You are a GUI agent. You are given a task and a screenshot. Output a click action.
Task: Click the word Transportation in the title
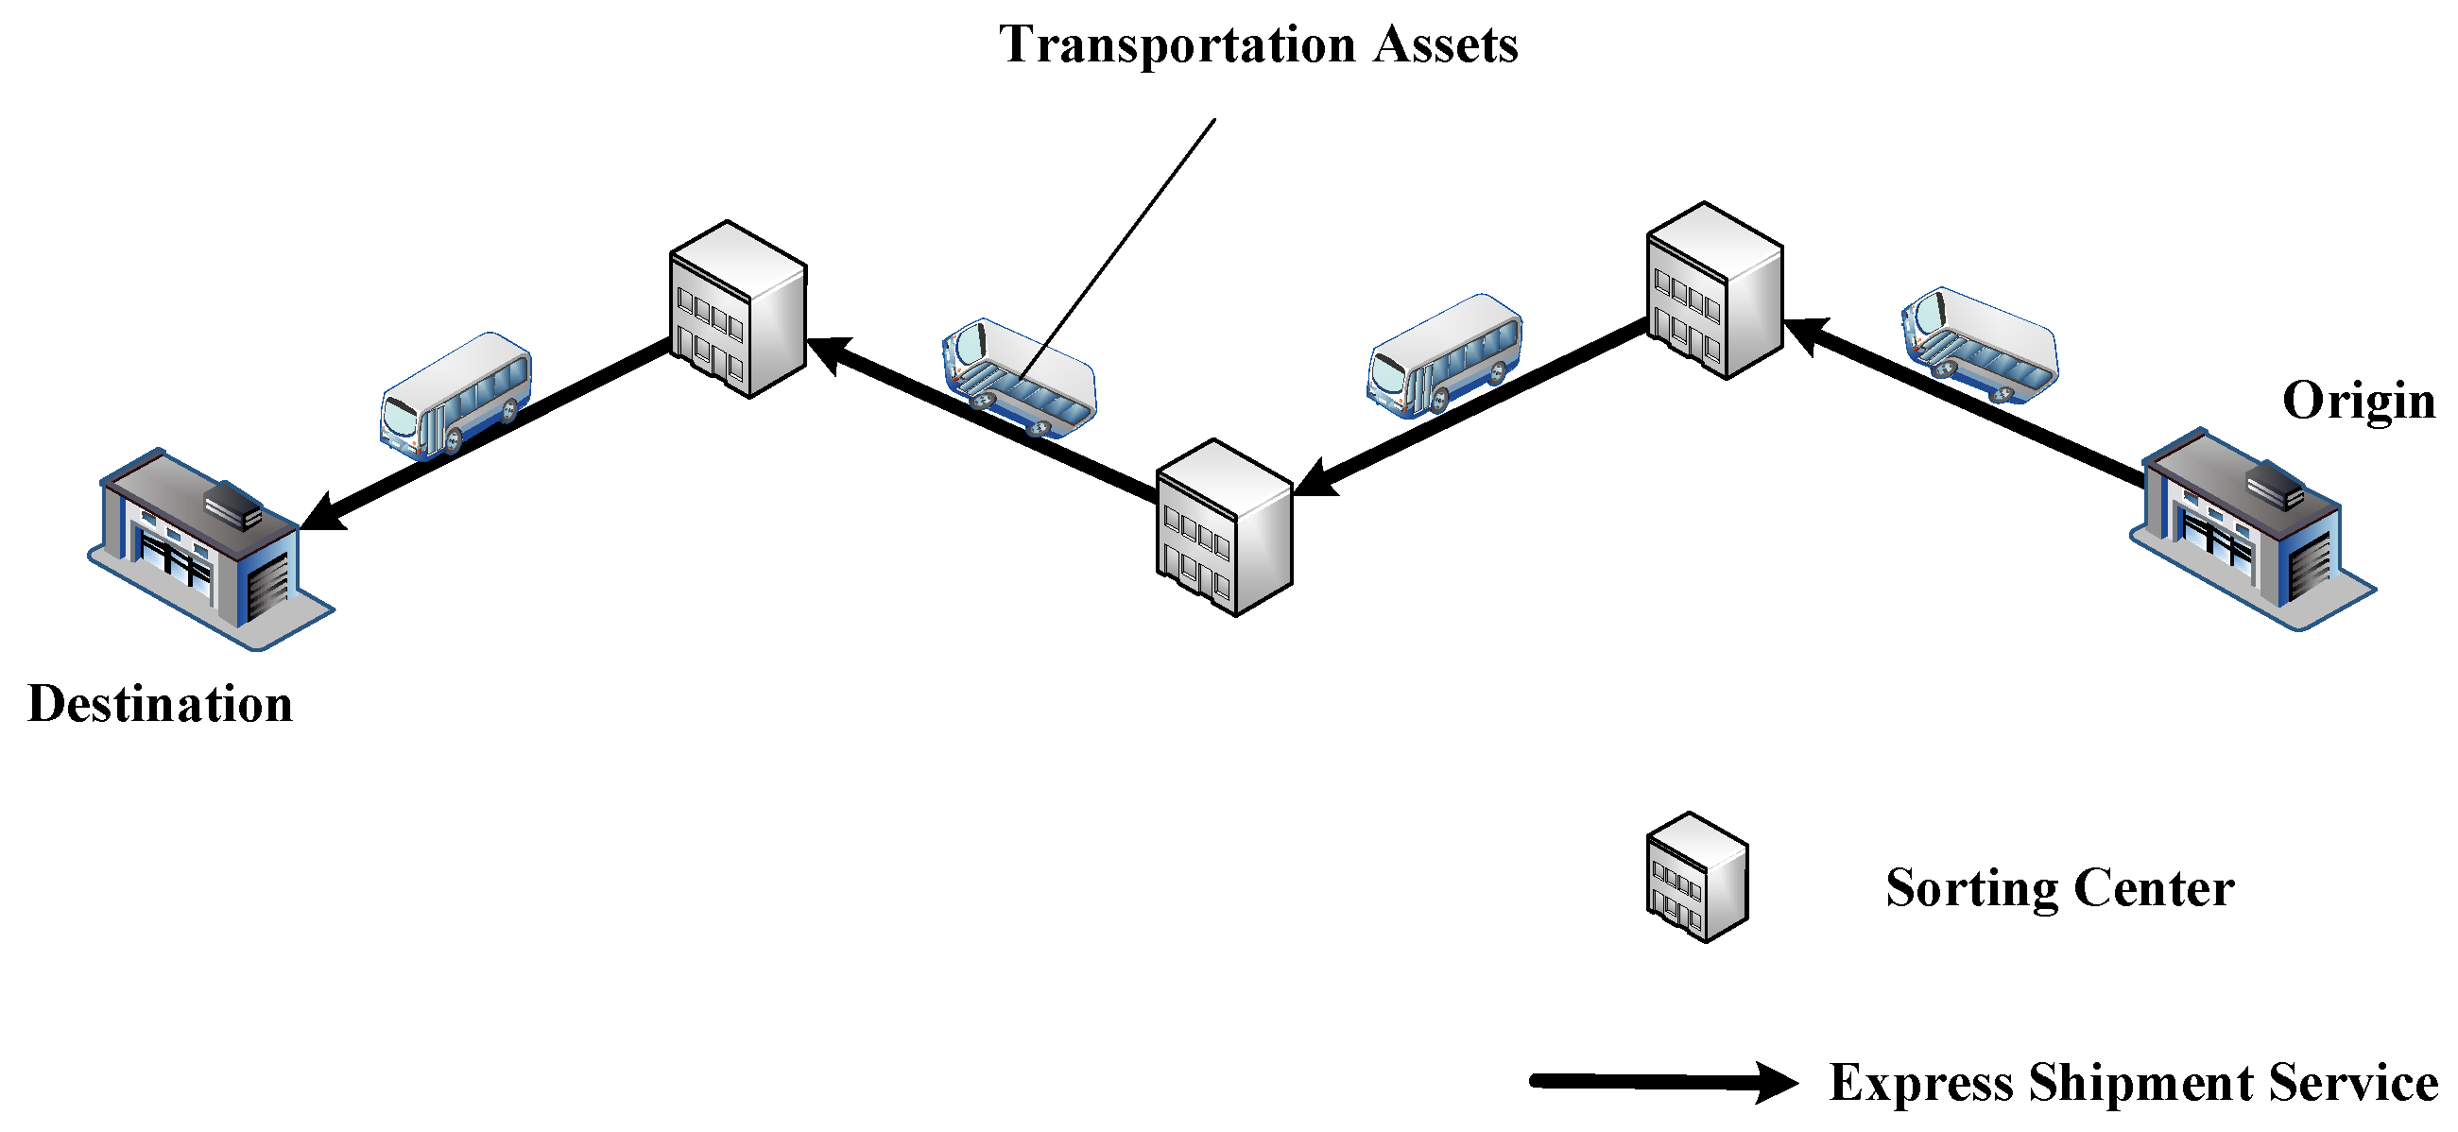pyautogui.click(x=1177, y=45)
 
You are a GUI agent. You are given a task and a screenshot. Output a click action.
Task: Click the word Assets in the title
pyautogui.click(x=1445, y=45)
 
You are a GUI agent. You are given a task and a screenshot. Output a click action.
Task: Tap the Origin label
pyautogui.click(x=2358, y=401)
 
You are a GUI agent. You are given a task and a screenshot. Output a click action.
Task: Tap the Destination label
pyautogui.click(x=161, y=704)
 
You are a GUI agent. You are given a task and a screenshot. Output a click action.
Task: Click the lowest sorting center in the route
pyautogui.click(x=1224, y=528)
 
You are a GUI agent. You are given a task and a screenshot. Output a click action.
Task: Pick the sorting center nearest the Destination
pyautogui.click(x=738, y=309)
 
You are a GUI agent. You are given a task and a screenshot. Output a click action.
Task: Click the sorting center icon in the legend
pyautogui.click(x=1696, y=877)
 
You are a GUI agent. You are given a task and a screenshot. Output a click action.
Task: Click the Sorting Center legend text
pyautogui.click(x=2059, y=888)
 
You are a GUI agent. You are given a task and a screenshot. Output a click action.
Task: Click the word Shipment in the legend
pyautogui.click(x=2140, y=1083)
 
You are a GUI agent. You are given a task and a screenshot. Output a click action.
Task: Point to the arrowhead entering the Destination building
pyautogui.click(x=322, y=513)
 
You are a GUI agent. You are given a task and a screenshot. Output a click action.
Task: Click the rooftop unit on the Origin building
pyautogui.click(x=2276, y=484)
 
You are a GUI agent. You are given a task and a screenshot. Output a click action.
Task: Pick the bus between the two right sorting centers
pyautogui.click(x=1445, y=354)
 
